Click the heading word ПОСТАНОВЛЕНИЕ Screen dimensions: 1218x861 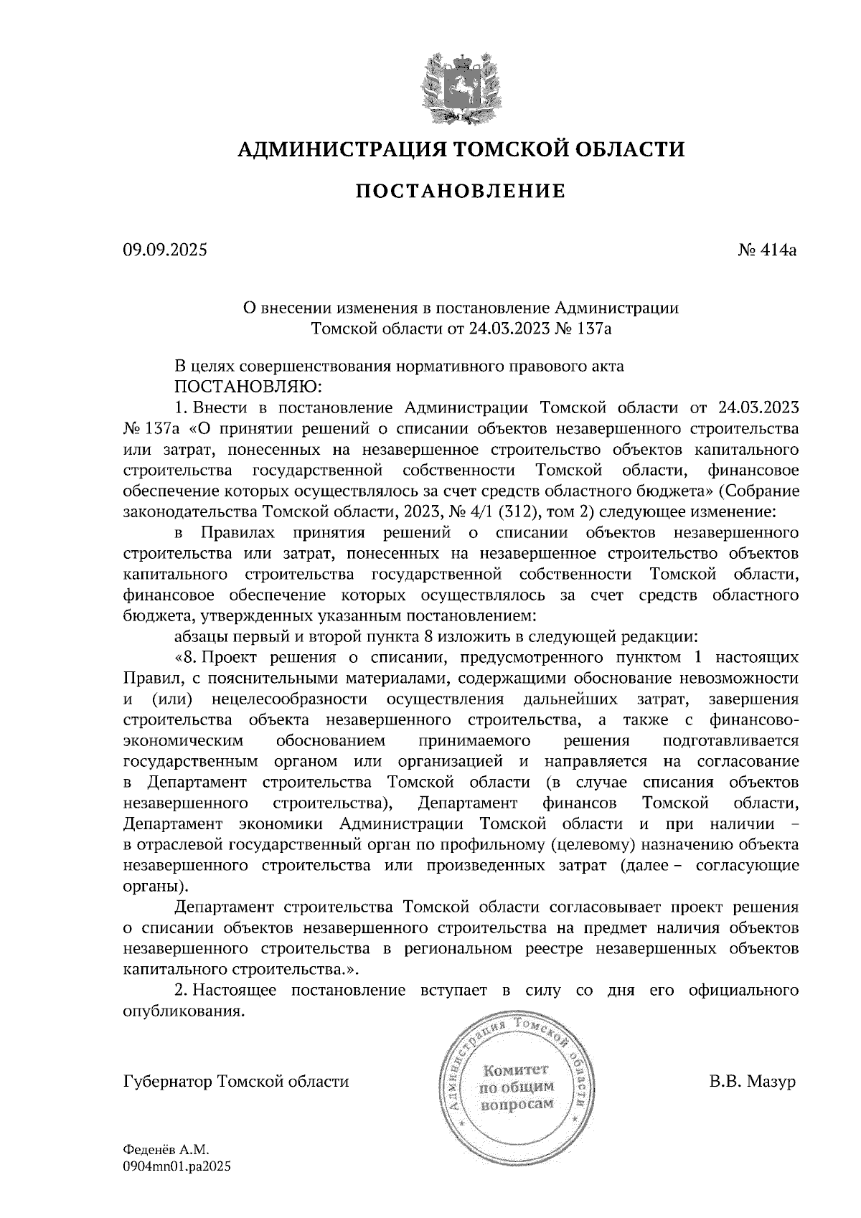pos(460,192)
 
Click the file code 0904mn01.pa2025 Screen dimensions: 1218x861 pos(178,1166)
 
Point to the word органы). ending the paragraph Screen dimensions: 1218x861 pos(152,886)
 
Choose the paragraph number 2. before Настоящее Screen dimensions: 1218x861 pos(181,991)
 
